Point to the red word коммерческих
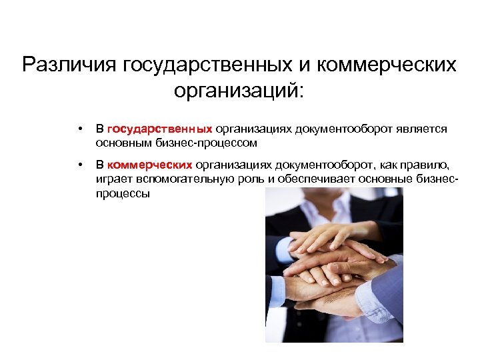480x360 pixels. (x=149, y=165)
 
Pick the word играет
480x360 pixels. (x=113, y=179)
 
